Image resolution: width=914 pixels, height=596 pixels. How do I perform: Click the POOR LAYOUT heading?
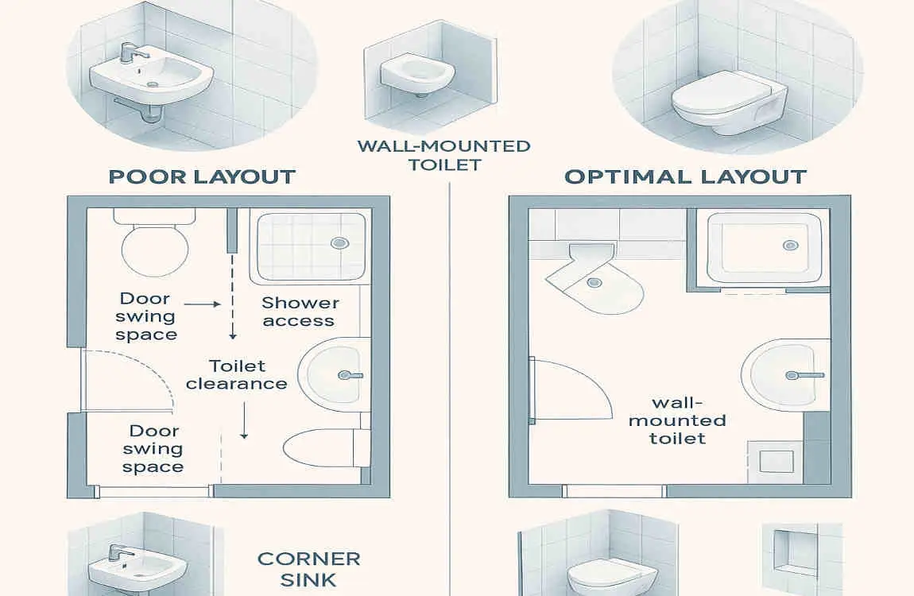202,176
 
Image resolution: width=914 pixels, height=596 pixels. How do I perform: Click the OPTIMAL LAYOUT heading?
685,176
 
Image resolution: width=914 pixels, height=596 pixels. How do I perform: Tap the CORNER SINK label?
308,569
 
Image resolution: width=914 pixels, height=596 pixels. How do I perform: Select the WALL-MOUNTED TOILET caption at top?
443,155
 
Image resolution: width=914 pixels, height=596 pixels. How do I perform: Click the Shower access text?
300,312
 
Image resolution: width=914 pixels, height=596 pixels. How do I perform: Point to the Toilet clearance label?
236,374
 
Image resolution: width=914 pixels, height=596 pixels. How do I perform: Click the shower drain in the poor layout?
339,243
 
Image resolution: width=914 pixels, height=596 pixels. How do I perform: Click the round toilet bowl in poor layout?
155,248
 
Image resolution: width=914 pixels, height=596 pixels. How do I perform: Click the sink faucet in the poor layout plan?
349,374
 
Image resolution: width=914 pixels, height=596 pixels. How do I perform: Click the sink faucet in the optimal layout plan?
798,374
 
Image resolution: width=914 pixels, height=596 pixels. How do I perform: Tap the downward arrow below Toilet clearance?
244,421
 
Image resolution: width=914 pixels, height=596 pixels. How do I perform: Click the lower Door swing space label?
153,449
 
